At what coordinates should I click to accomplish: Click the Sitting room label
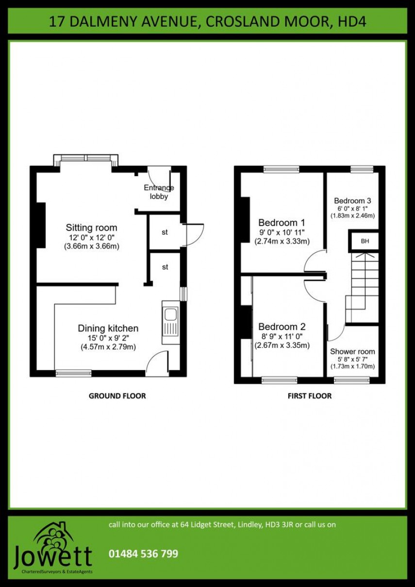pyautogui.click(x=92, y=228)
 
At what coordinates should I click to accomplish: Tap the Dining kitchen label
pyautogui.click(x=108, y=328)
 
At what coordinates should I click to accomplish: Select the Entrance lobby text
pyautogui.click(x=159, y=192)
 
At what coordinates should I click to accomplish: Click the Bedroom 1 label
pyautogui.click(x=282, y=223)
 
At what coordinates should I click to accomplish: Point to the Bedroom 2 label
pyautogui.click(x=282, y=326)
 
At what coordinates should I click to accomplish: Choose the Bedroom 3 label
pyautogui.click(x=352, y=200)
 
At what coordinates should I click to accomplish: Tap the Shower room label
pyautogui.click(x=352, y=351)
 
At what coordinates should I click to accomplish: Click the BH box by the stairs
pyautogui.click(x=365, y=241)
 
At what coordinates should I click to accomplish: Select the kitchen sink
pyautogui.click(x=170, y=321)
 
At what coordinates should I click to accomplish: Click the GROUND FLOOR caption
pyautogui.click(x=117, y=396)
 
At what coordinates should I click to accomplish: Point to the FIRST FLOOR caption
pyautogui.click(x=310, y=396)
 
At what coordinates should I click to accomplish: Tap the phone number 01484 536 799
pyautogui.click(x=143, y=554)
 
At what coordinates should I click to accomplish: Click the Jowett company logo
pyautogui.click(x=53, y=548)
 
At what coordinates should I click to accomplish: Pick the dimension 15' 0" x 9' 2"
pyautogui.click(x=108, y=338)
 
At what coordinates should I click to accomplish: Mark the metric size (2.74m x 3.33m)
pyautogui.click(x=282, y=241)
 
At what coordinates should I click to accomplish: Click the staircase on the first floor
pyautogui.click(x=362, y=286)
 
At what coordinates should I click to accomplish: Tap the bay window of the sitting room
pyautogui.click(x=86, y=159)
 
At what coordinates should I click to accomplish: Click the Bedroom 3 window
pyautogui.click(x=362, y=169)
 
